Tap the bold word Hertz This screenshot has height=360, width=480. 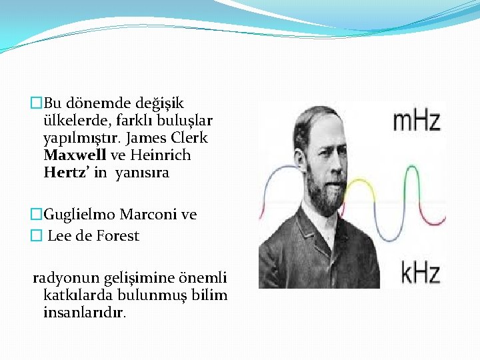pyautogui.click(x=65, y=173)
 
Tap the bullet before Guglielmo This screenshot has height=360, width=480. pyautogui.click(x=37, y=214)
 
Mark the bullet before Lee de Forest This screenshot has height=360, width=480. pyautogui.click(x=36, y=235)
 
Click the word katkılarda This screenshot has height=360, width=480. pyautogui.click(x=77, y=295)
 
